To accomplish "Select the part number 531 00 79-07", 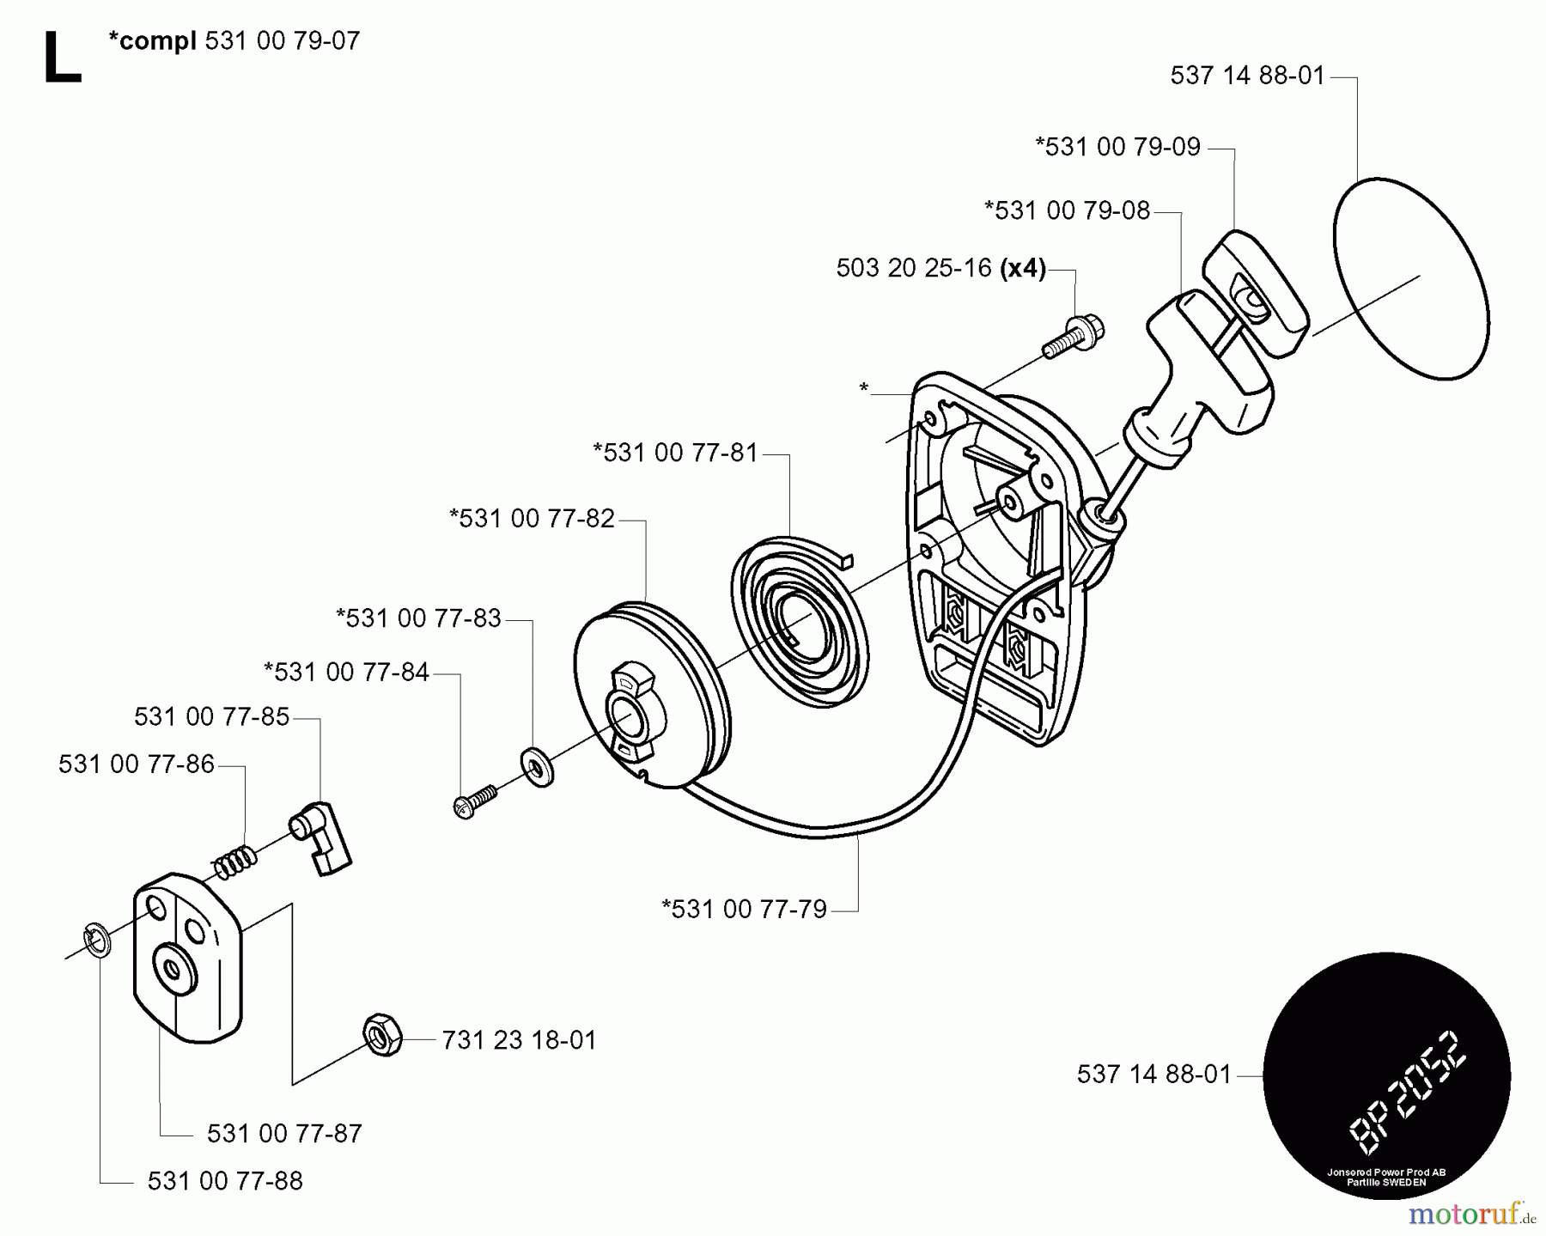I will pyautogui.click(x=283, y=41).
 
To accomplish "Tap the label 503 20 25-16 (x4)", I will pyautogui.click(x=940, y=269).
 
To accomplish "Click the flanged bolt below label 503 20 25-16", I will pyautogui.click(x=1074, y=337).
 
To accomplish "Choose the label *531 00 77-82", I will pyautogui.click(x=532, y=519).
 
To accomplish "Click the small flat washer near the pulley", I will pyautogui.click(x=537, y=765).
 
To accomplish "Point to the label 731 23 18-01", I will pyautogui.click(x=519, y=1041).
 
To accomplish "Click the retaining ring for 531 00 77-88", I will pyautogui.click(x=97, y=939).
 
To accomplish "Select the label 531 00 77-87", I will pyautogui.click(x=284, y=1134).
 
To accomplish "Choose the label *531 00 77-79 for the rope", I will pyautogui.click(x=744, y=909).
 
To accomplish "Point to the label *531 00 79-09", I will pyautogui.click(x=1117, y=147).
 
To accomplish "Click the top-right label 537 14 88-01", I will pyautogui.click(x=1247, y=76).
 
